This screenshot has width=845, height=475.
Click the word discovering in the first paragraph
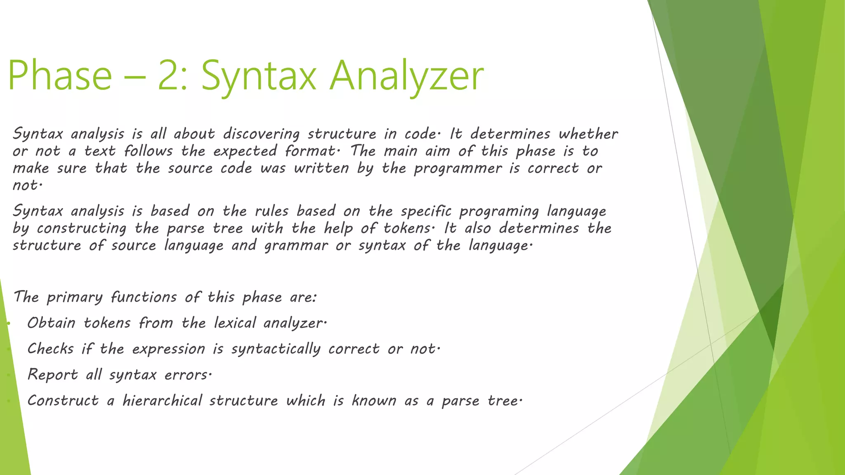tap(262, 134)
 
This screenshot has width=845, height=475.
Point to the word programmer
tap(458, 169)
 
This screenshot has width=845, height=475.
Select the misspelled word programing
tap(499, 212)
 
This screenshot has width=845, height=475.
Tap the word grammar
tap(296, 246)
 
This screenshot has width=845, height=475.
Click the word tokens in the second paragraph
tap(407, 228)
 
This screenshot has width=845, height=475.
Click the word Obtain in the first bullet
tap(52, 323)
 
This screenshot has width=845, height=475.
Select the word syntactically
tap(276, 349)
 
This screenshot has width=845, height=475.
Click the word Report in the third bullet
tap(52, 375)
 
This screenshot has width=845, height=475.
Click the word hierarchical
tap(162, 401)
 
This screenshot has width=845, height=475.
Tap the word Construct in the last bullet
tap(63, 401)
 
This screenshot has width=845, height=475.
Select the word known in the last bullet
tap(374, 401)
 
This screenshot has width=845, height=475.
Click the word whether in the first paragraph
tap(588, 134)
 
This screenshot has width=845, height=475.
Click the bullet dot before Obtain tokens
tap(8, 324)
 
